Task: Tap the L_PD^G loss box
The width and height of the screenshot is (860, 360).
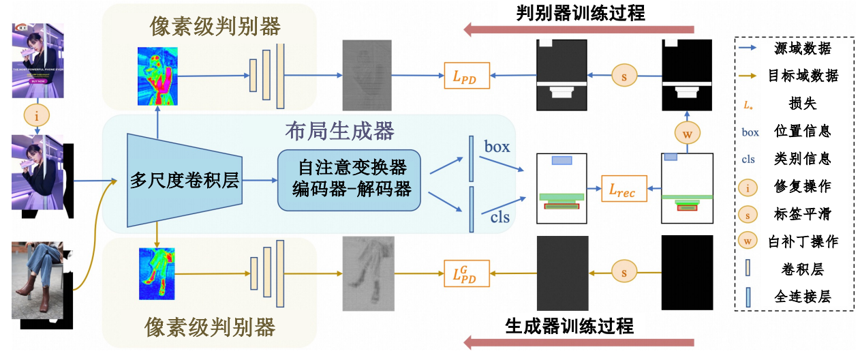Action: (465, 274)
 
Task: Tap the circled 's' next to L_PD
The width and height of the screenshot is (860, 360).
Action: (624, 76)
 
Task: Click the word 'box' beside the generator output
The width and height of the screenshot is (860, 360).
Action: (497, 147)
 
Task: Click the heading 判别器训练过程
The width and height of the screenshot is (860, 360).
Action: (579, 12)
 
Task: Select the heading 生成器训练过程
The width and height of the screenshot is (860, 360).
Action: (569, 326)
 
